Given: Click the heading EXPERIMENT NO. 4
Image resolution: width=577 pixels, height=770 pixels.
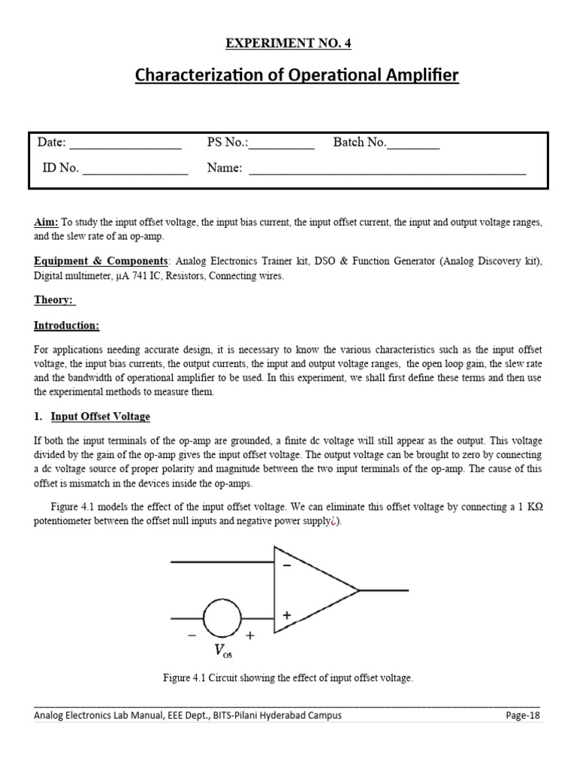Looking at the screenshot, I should [x=288, y=44].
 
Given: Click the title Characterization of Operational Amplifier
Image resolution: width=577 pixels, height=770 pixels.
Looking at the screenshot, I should [x=296, y=75].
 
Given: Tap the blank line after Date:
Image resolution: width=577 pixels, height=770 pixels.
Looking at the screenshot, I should [x=125, y=147].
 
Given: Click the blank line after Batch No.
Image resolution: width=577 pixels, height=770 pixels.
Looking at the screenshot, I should [x=414, y=147].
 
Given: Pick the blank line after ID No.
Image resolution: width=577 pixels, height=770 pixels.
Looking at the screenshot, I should [x=134, y=172].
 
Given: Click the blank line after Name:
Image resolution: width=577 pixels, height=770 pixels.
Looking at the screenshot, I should [x=387, y=172].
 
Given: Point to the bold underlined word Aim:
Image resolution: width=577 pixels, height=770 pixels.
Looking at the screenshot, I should [x=47, y=223].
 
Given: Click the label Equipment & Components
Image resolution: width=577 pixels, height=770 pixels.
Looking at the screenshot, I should [x=101, y=260].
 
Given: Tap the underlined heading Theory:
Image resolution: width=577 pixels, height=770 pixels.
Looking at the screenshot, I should [x=55, y=300].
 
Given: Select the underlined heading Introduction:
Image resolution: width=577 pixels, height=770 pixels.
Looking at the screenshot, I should [x=66, y=326].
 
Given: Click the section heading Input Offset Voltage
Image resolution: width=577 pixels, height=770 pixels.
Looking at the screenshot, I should [x=100, y=417].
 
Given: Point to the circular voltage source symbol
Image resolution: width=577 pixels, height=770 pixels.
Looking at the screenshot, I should [x=222, y=619].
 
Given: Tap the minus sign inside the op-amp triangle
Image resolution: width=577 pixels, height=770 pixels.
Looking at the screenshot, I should [x=286, y=566].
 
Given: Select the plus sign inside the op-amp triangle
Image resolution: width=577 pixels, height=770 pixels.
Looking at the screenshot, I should [x=286, y=615].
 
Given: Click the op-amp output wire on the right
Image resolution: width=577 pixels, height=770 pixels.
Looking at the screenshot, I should [x=385, y=590].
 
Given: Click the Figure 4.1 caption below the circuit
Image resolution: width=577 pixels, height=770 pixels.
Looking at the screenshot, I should [x=288, y=678].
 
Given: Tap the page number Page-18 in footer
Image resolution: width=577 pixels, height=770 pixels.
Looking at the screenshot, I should [x=523, y=715].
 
